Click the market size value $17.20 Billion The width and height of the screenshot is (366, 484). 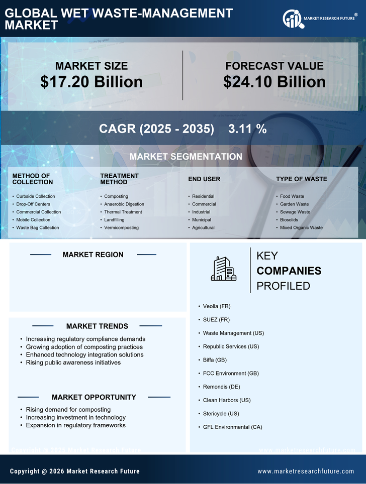(91, 82)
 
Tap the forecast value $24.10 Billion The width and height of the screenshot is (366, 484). (274, 82)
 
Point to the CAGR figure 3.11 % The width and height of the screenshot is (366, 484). (247, 129)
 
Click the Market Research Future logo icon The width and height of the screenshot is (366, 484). (292, 19)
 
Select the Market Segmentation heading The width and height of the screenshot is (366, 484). (186, 157)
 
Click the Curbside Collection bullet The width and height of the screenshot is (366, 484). (36, 196)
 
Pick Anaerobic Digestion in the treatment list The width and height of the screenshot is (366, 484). (124, 204)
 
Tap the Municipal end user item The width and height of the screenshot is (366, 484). (202, 220)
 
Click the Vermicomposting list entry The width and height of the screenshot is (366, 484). (121, 227)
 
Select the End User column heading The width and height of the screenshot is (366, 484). (204, 179)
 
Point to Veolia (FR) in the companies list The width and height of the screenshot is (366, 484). (217, 306)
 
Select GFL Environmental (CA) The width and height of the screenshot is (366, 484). (232, 427)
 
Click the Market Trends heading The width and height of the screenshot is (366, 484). (97, 326)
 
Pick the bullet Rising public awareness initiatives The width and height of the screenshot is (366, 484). (73, 362)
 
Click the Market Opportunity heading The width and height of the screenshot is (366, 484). (94, 397)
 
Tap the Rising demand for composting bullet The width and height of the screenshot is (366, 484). (68, 410)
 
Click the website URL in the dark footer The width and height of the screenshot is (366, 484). (306, 471)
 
